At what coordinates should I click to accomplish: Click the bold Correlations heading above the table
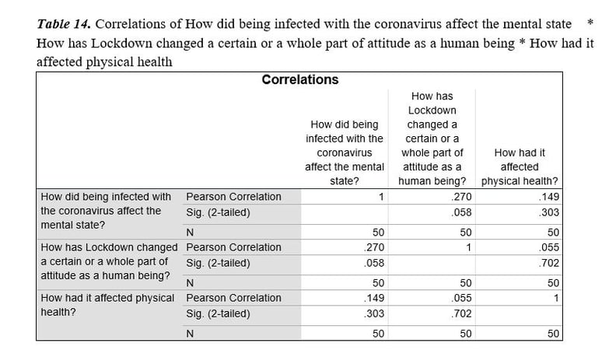coord(299,79)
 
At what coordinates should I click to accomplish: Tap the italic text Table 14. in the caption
coord(64,24)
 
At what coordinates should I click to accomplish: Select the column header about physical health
coord(520,167)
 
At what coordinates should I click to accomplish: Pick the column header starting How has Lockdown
coord(432,138)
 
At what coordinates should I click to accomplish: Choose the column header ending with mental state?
coord(345,152)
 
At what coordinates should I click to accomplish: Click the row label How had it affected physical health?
coord(107,305)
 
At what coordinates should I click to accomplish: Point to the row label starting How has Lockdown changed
coord(109,261)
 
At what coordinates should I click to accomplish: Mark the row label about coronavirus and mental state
coord(106,211)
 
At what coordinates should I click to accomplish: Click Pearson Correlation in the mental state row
coord(234,197)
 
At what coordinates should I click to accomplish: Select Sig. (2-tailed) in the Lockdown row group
coord(218,263)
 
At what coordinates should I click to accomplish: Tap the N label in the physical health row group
coord(190,334)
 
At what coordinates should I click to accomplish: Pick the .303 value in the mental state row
coord(549,212)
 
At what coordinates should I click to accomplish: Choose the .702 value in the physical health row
coord(461,313)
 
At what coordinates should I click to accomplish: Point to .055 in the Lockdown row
coord(549,247)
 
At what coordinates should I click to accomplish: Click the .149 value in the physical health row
coord(374,298)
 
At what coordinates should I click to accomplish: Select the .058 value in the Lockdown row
coord(374,263)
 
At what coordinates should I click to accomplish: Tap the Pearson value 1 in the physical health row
coord(556,299)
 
